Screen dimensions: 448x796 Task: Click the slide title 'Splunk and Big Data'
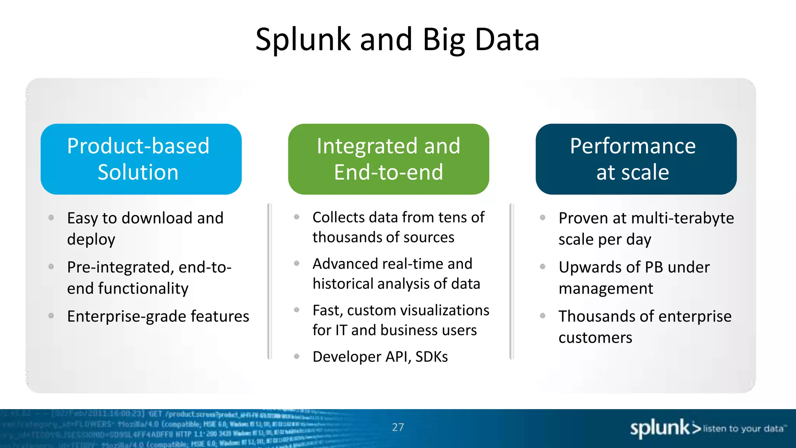[x=397, y=40]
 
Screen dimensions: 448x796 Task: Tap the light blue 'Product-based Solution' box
[x=141, y=159]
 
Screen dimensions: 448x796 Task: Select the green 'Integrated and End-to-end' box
[x=388, y=159]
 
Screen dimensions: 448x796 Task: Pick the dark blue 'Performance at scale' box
[x=636, y=159]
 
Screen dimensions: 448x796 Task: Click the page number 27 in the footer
[x=398, y=427]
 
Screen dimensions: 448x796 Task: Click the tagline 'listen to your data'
[x=743, y=429]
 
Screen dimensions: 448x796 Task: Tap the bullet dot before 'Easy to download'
[x=51, y=218]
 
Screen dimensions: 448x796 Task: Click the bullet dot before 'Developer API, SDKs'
[x=297, y=356]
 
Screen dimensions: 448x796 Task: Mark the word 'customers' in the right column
[x=595, y=338]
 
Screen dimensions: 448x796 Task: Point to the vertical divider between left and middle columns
[x=269, y=281]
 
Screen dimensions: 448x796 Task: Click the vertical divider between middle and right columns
[x=511, y=281]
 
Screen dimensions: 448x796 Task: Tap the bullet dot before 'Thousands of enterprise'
[x=543, y=316]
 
